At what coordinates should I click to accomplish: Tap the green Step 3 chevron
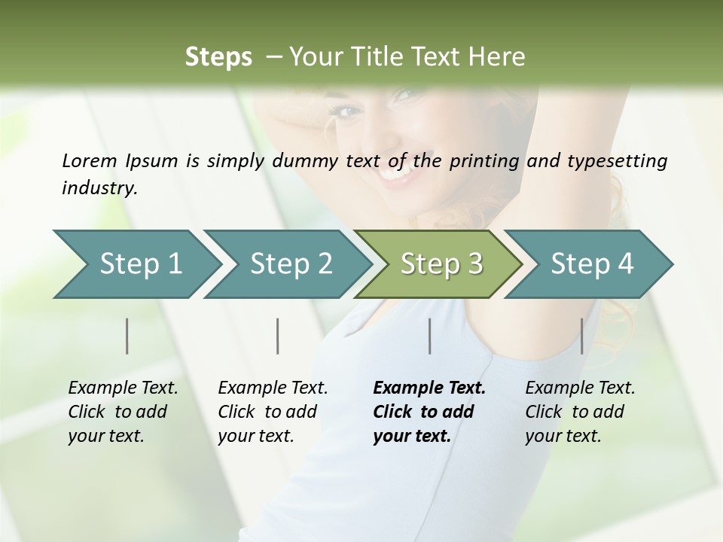tap(441, 264)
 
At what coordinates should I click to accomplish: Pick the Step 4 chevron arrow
tap(592, 264)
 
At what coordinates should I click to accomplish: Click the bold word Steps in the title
tap(218, 57)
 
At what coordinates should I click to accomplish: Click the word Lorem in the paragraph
tap(89, 160)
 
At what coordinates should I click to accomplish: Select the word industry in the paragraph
tap(99, 188)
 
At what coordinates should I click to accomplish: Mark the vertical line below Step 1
tap(127, 336)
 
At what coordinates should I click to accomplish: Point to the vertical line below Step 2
tap(278, 336)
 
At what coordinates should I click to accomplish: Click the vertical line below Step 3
tap(430, 336)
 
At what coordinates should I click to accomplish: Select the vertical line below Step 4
tap(582, 336)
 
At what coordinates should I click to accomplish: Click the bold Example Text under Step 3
tap(429, 388)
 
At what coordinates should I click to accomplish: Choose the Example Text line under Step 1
tap(123, 388)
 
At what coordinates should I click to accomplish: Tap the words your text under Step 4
tap(563, 436)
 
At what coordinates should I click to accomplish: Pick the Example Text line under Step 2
tap(273, 388)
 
